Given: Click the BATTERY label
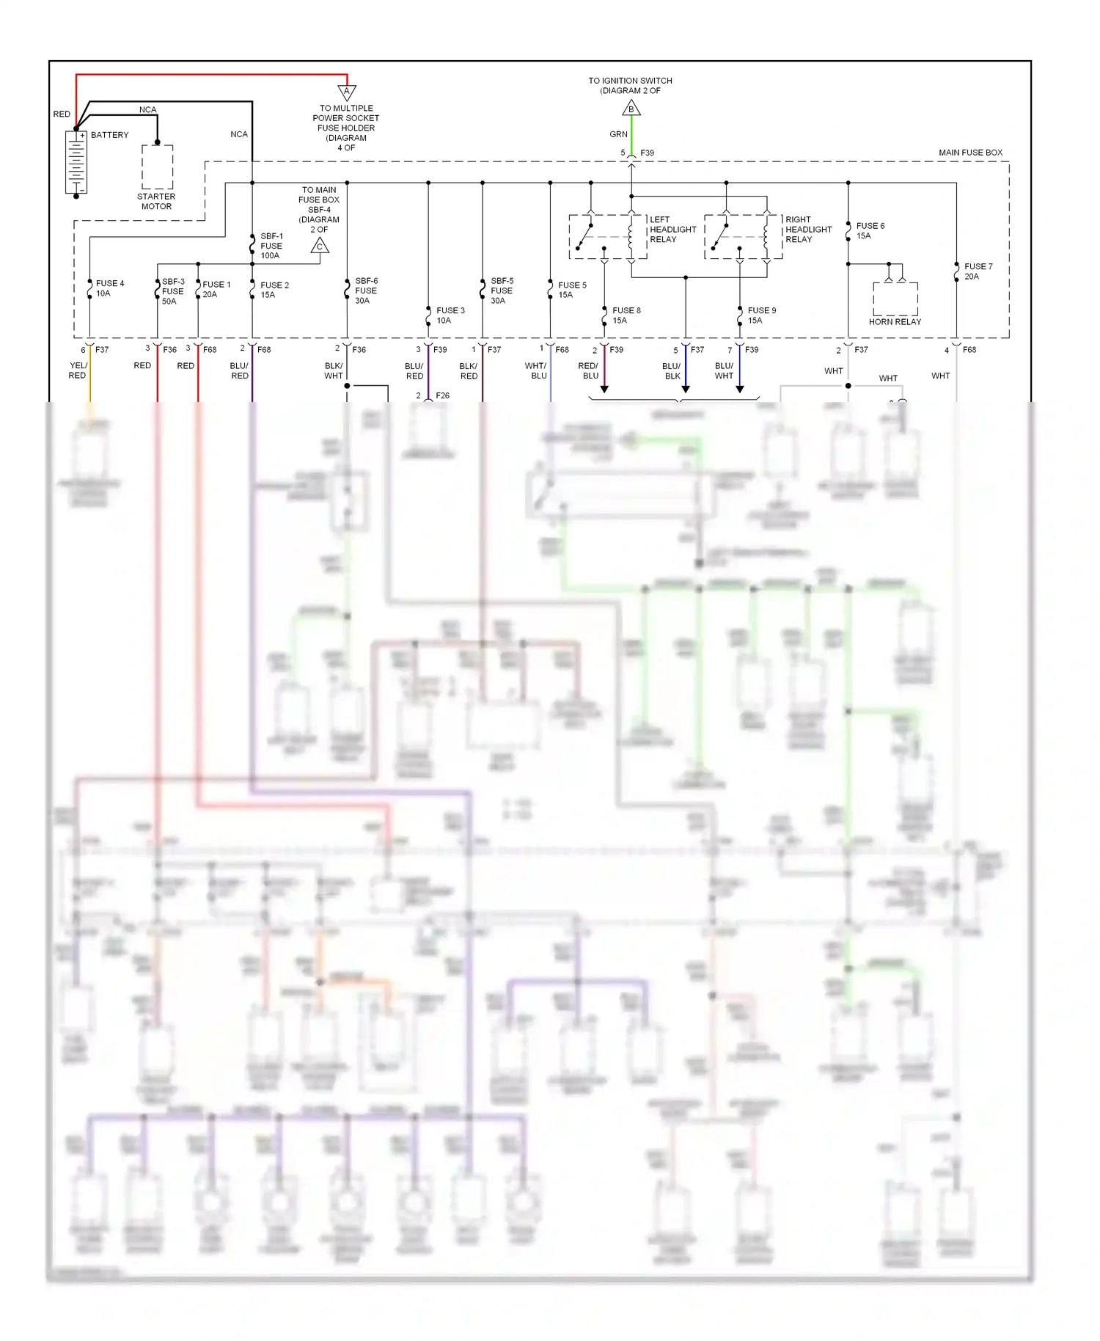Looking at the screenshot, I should point(109,135).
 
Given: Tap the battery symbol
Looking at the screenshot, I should point(76,161).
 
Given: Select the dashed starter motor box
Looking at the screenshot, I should point(158,167).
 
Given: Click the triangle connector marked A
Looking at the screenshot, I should point(347,92).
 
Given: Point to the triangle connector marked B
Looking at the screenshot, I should point(631,109).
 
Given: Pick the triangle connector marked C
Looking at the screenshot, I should point(320,246).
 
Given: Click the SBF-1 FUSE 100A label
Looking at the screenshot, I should point(271,246).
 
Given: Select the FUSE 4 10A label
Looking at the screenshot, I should point(110,288).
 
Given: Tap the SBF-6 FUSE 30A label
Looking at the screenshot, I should point(366,291).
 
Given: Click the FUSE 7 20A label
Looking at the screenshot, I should point(978,271).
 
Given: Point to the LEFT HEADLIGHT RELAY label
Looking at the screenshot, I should point(672,230).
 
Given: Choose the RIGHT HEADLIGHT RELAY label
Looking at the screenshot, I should point(808,230).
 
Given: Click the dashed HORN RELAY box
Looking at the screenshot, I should point(895,299).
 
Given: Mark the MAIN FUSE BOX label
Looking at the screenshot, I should point(970,153).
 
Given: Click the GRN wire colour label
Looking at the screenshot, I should point(618,134).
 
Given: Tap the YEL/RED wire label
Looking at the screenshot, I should point(78,370).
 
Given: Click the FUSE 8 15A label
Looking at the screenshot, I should point(626,315).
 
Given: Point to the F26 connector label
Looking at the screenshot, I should point(442,395).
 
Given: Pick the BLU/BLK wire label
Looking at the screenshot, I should point(672,371).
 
